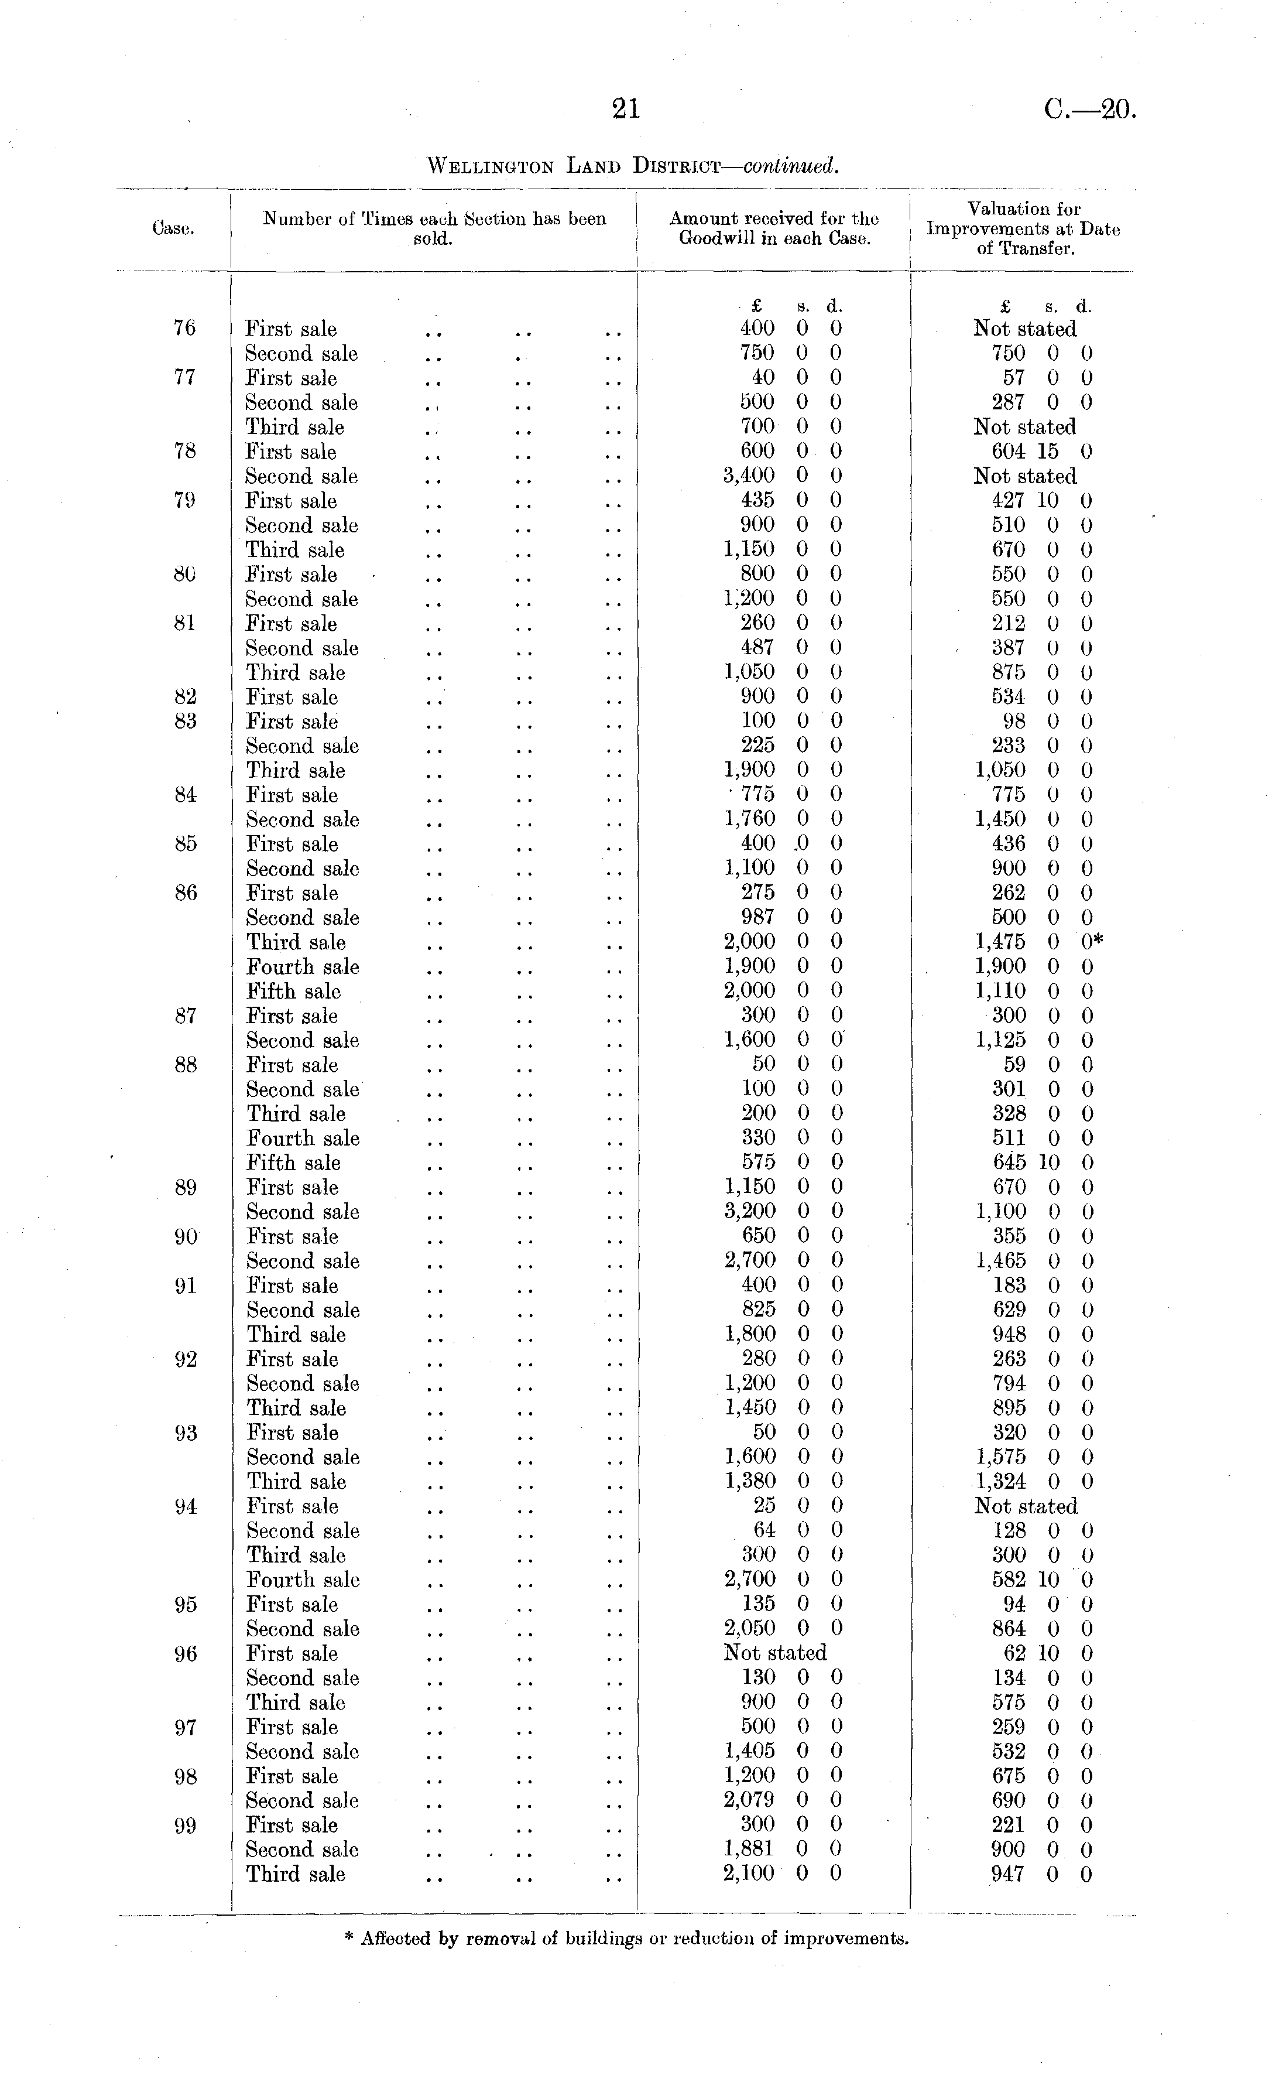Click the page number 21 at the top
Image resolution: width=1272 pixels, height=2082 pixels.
(x=626, y=109)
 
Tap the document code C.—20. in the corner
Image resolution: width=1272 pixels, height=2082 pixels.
(x=1089, y=110)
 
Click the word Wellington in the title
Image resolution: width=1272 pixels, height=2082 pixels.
(x=491, y=166)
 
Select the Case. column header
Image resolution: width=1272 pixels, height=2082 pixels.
(x=173, y=228)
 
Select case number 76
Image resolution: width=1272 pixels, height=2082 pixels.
(x=184, y=328)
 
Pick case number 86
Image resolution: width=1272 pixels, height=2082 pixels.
(x=185, y=893)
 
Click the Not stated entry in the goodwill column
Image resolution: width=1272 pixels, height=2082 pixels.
(x=774, y=1653)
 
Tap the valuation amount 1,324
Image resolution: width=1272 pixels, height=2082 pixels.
(x=1001, y=1481)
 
